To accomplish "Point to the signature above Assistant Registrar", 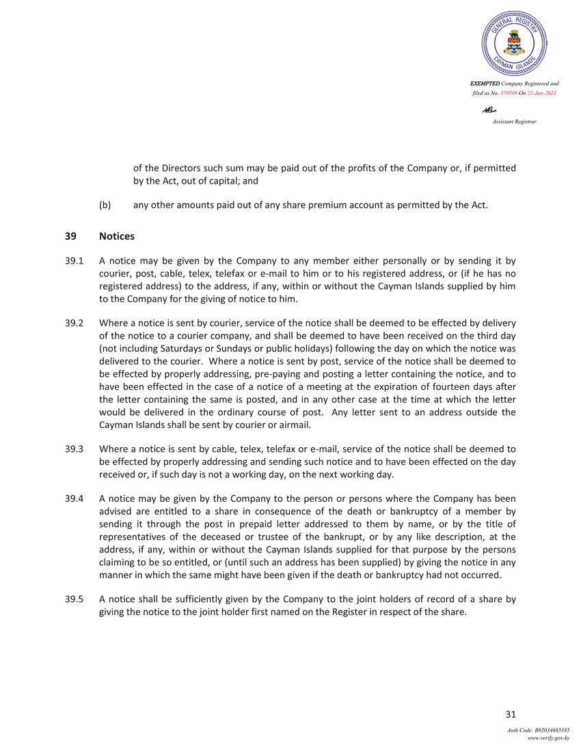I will point(489,110).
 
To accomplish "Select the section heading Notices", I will point(117,236).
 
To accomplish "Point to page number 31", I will point(510,715).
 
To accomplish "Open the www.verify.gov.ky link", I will point(549,738).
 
